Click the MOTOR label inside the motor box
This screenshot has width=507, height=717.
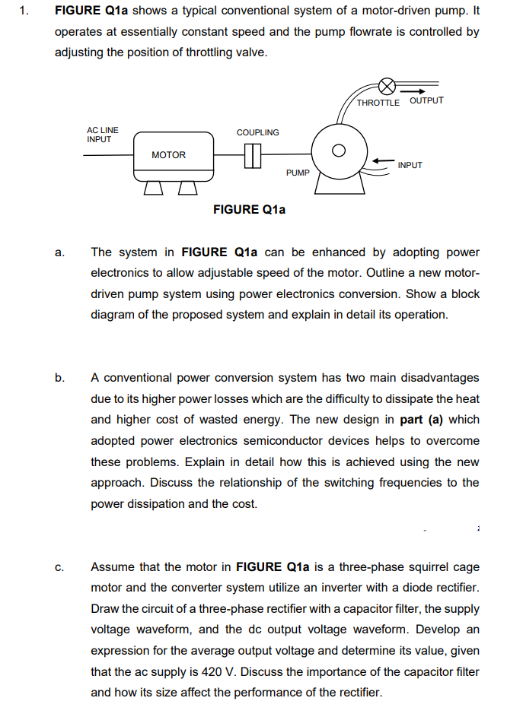(168, 155)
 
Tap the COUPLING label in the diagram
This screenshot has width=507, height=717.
(257, 132)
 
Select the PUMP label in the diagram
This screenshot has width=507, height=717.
(298, 173)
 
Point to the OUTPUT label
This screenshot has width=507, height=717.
(426, 100)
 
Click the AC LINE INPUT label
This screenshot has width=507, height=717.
(102, 135)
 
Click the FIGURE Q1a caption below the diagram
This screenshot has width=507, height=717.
(249, 209)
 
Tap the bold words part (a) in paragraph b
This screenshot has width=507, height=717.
(419, 420)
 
